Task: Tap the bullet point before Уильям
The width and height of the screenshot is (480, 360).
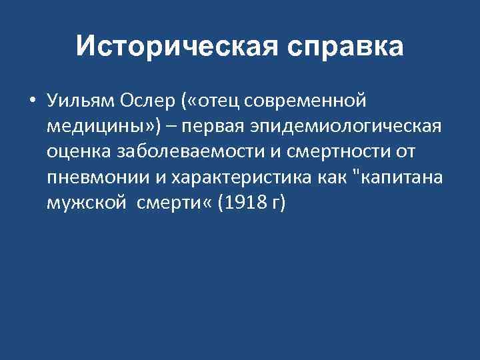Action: click(x=31, y=101)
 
